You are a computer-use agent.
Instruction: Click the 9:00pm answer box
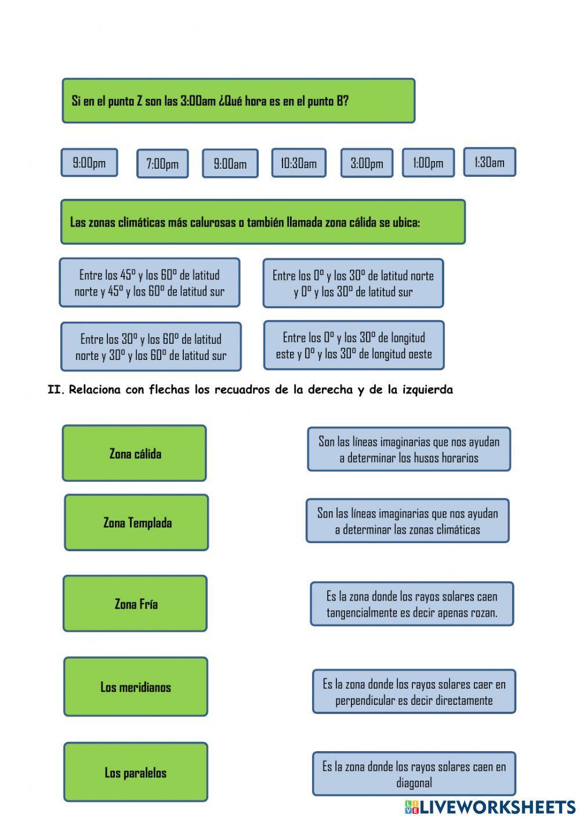point(89,162)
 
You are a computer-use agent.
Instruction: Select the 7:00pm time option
point(162,163)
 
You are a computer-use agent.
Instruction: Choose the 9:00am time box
point(230,163)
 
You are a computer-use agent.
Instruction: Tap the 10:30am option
point(299,163)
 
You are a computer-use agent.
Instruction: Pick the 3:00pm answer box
point(367,163)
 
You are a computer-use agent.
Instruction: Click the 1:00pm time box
point(428,162)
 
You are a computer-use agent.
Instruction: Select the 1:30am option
point(490,162)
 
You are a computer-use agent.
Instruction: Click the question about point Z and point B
point(238,101)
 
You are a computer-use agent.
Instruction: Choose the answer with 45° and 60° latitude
point(150,283)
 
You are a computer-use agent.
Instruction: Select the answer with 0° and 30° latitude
point(353,283)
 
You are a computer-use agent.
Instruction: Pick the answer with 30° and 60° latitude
point(151,347)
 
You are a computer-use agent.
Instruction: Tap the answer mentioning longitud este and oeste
point(354,345)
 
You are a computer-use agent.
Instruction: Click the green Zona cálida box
point(135,453)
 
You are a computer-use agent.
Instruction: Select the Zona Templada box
point(137,522)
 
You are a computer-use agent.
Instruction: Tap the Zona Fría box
point(135,603)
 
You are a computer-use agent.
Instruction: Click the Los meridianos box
point(136,687)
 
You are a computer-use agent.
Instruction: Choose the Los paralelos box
point(136,772)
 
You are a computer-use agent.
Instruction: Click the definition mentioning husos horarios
point(409,449)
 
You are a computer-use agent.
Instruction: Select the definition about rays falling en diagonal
point(414,774)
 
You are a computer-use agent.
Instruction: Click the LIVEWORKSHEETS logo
point(490,807)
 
